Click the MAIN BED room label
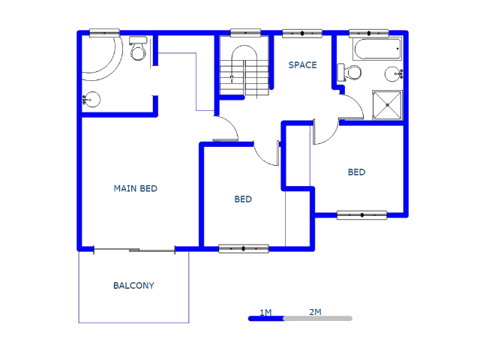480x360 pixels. coord(135,188)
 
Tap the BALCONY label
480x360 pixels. coord(133,286)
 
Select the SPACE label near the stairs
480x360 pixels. coord(302,65)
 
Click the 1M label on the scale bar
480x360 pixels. coord(265,312)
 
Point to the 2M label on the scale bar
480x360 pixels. coord(315,312)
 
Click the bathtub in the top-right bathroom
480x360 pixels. coord(377,52)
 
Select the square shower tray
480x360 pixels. coord(388,105)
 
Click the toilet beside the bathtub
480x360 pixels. coord(350,73)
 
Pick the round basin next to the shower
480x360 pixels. coord(394,74)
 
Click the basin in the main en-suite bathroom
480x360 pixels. coord(91,98)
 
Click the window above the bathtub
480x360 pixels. coord(369,33)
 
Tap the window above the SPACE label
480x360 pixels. coord(302,33)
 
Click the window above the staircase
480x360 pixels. coord(245,33)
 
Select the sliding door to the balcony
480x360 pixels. coord(133,249)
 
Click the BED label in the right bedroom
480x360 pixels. coord(356,172)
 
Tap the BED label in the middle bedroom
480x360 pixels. coord(243,199)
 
